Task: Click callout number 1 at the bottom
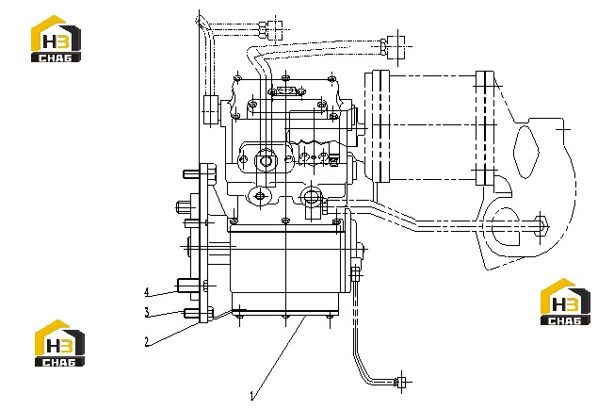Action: [x=252, y=396]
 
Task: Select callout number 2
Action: [x=147, y=341]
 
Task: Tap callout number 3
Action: [x=147, y=313]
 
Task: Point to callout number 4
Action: [x=147, y=292]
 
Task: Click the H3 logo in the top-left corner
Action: [x=56, y=39]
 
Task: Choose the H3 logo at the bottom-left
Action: [x=59, y=343]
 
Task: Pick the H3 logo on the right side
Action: [x=565, y=302]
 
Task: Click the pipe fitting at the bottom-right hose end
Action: [x=400, y=382]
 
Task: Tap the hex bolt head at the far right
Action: [x=541, y=226]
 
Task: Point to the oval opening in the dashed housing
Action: [x=525, y=152]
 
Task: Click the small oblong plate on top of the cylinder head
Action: [x=286, y=91]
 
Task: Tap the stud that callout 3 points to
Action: [x=191, y=313]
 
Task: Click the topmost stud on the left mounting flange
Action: [x=191, y=174]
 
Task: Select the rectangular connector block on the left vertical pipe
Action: [x=210, y=109]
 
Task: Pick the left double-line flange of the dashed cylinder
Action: [x=380, y=126]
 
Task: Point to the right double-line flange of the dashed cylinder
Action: [x=485, y=128]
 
